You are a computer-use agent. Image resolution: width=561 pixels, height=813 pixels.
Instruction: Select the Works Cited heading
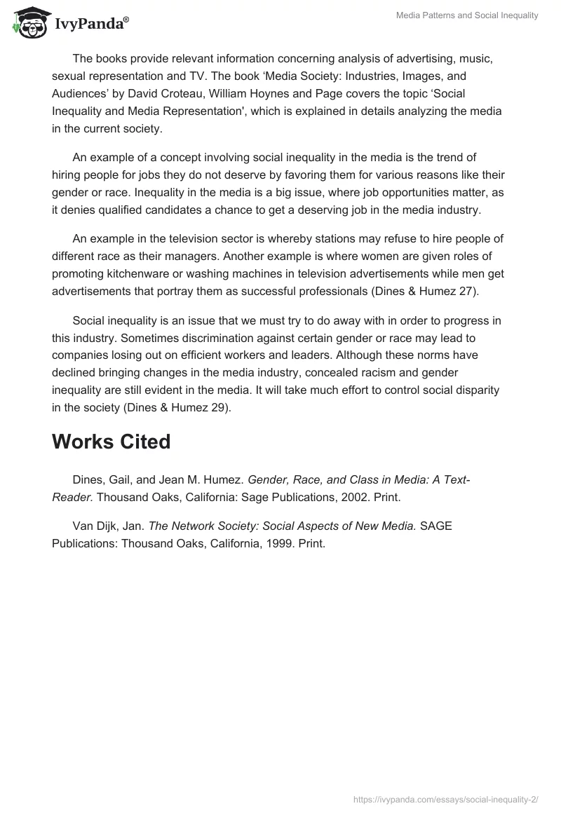(x=111, y=442)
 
